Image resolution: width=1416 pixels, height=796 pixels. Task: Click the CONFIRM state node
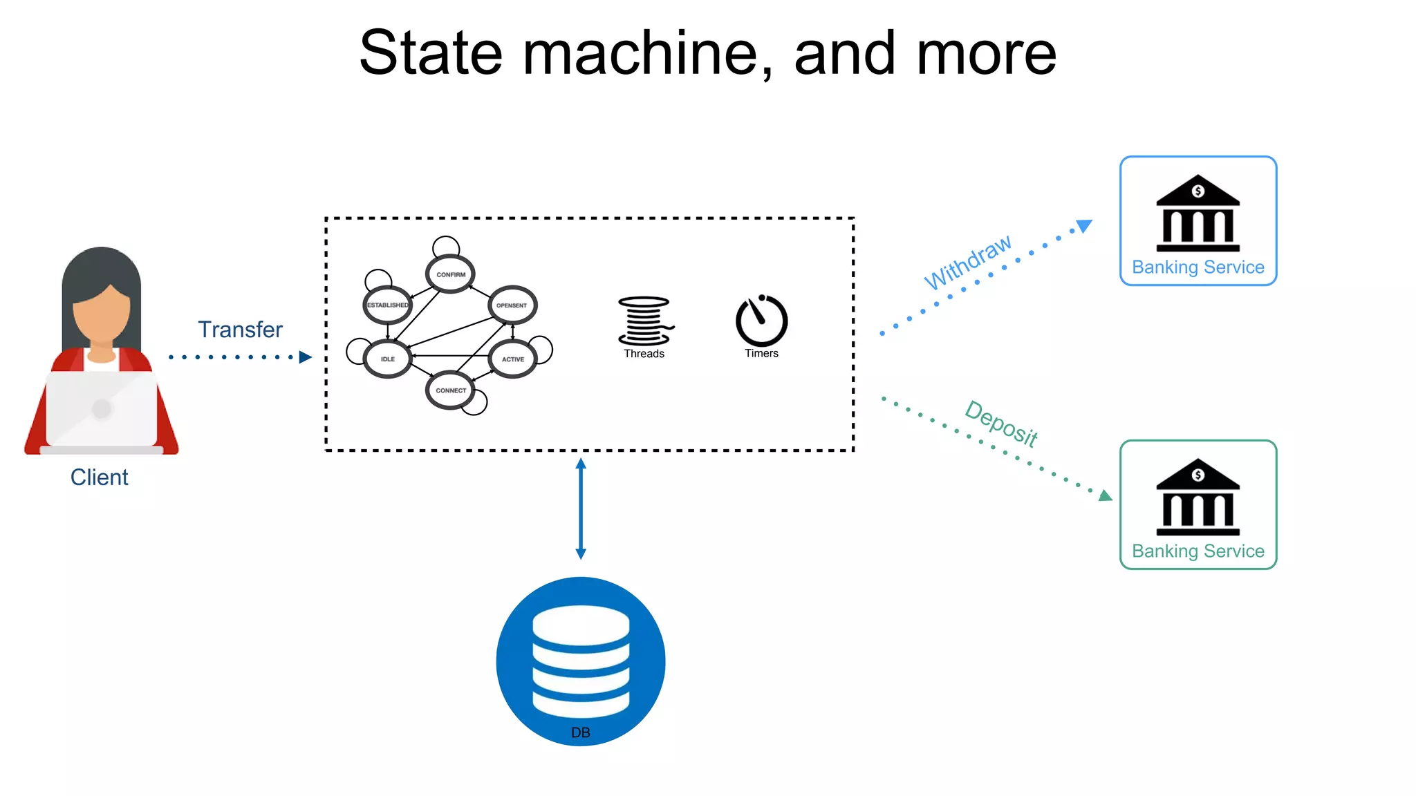click(x=450, y=274)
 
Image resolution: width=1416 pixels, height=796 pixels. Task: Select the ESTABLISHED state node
click(x=387, y=305)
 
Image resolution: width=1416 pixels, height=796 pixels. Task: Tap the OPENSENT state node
click(x=512, y=305)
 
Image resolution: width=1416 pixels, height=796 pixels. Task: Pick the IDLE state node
click(x=387, y=359)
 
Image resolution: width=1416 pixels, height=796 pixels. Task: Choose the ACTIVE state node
click(x=512, y=359)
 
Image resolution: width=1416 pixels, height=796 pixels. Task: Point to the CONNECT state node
click(x=450, y=390)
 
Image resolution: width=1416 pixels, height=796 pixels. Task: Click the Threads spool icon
click(x=644, y=321)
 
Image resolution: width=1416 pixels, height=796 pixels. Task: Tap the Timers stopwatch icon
click(x=761, y=321)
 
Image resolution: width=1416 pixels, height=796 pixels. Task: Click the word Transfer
click(x=240, y=330)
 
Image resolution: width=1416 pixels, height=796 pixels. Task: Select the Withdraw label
click(x=967, y=263)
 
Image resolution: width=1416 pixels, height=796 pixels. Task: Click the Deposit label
click(x=1001, y=423)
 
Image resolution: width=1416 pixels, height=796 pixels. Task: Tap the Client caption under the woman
click(x=99, y=477)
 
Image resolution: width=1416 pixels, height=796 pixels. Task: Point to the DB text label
click(x=581, y=732)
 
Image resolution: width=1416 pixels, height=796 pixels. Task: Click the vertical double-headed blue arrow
click(x=581, y=509)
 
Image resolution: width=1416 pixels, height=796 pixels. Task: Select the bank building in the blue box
click(x=1198, y=214)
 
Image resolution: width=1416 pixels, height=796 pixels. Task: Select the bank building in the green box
click(x=1198, y=497)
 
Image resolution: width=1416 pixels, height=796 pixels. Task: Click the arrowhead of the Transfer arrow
click(x=305, y=357)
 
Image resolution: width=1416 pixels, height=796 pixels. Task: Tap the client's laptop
click(x=102, y=410)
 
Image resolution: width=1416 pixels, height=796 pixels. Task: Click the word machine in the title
click(x=646, y=53)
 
